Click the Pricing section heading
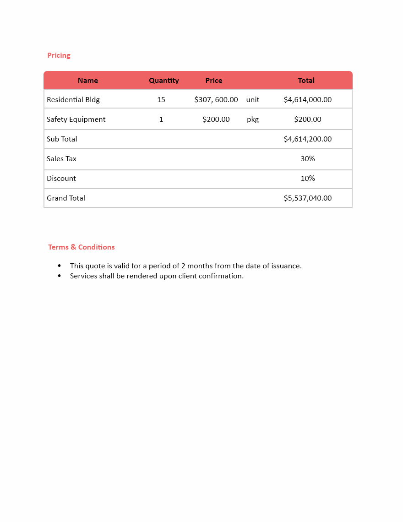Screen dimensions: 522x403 click(x=59, y=55)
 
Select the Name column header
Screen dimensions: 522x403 click(x=88, y=81)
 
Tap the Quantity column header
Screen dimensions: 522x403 click(x=163, y=81)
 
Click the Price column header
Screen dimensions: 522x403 click(x=213, y=81)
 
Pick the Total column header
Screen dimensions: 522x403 click(x=306, y=81)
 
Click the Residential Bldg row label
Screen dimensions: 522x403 click(x=73, y=100)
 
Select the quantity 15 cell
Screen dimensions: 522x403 click(x=161, y=100)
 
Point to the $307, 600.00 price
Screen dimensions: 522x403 click(x=216, y=100)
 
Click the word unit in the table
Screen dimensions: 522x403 click(x=253, y=100)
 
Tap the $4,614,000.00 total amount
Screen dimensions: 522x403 click(x=308, y=100)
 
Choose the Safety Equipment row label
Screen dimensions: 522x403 click(x=76, y=120)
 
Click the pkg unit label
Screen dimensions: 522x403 click(x=253, y=120)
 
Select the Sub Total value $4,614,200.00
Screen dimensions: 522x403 click(x=308, y=139)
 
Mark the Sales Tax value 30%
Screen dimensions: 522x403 click(x=308, y=159)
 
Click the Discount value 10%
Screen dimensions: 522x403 click(x=308, y=179)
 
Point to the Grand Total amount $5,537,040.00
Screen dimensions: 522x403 click(x=308, y=198)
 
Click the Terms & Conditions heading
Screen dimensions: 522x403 click(x=82, y=247)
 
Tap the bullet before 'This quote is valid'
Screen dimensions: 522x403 click(x=59, y=266)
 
